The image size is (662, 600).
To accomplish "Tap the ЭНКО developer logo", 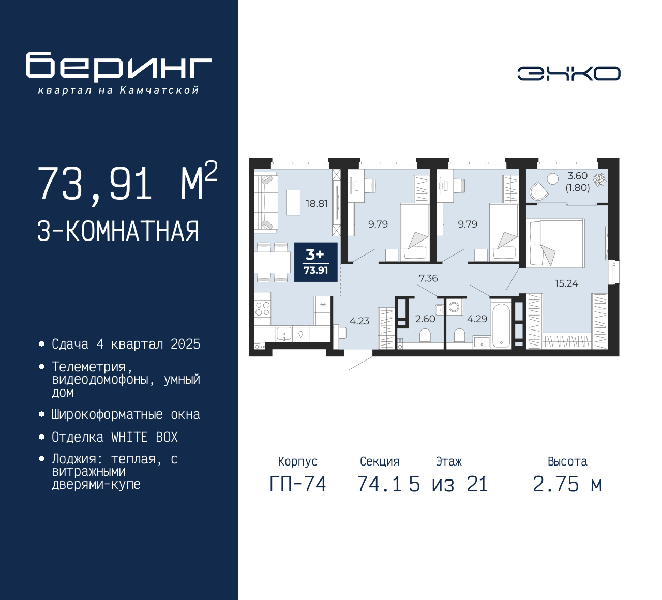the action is point(568,73).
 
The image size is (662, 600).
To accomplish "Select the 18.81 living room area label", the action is point(317,204).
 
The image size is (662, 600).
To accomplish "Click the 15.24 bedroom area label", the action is point(566,283).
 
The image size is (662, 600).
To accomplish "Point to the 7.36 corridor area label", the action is point(428,278).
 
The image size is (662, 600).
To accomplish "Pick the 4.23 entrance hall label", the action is point(359,321).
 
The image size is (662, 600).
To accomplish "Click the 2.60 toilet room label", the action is point(425,319).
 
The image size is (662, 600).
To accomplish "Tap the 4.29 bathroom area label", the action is point(477,319).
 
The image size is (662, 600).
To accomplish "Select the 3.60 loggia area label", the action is point(578,175).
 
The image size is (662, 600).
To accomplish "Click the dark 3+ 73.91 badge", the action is point(316,262).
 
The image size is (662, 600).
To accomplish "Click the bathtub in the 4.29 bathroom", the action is point(501,324).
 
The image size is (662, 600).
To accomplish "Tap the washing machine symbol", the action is point(454,307).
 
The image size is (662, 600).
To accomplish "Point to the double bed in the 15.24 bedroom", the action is point(555,243).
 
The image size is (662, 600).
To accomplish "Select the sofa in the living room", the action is point(266,202).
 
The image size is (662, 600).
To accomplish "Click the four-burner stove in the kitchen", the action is point(262,309).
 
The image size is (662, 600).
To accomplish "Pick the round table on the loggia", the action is point(552,179).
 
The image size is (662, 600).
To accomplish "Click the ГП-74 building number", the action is point(298,484).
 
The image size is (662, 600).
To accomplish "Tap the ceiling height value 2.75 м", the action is point(567,484).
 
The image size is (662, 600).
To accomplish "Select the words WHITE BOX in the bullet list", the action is point(144,437).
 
